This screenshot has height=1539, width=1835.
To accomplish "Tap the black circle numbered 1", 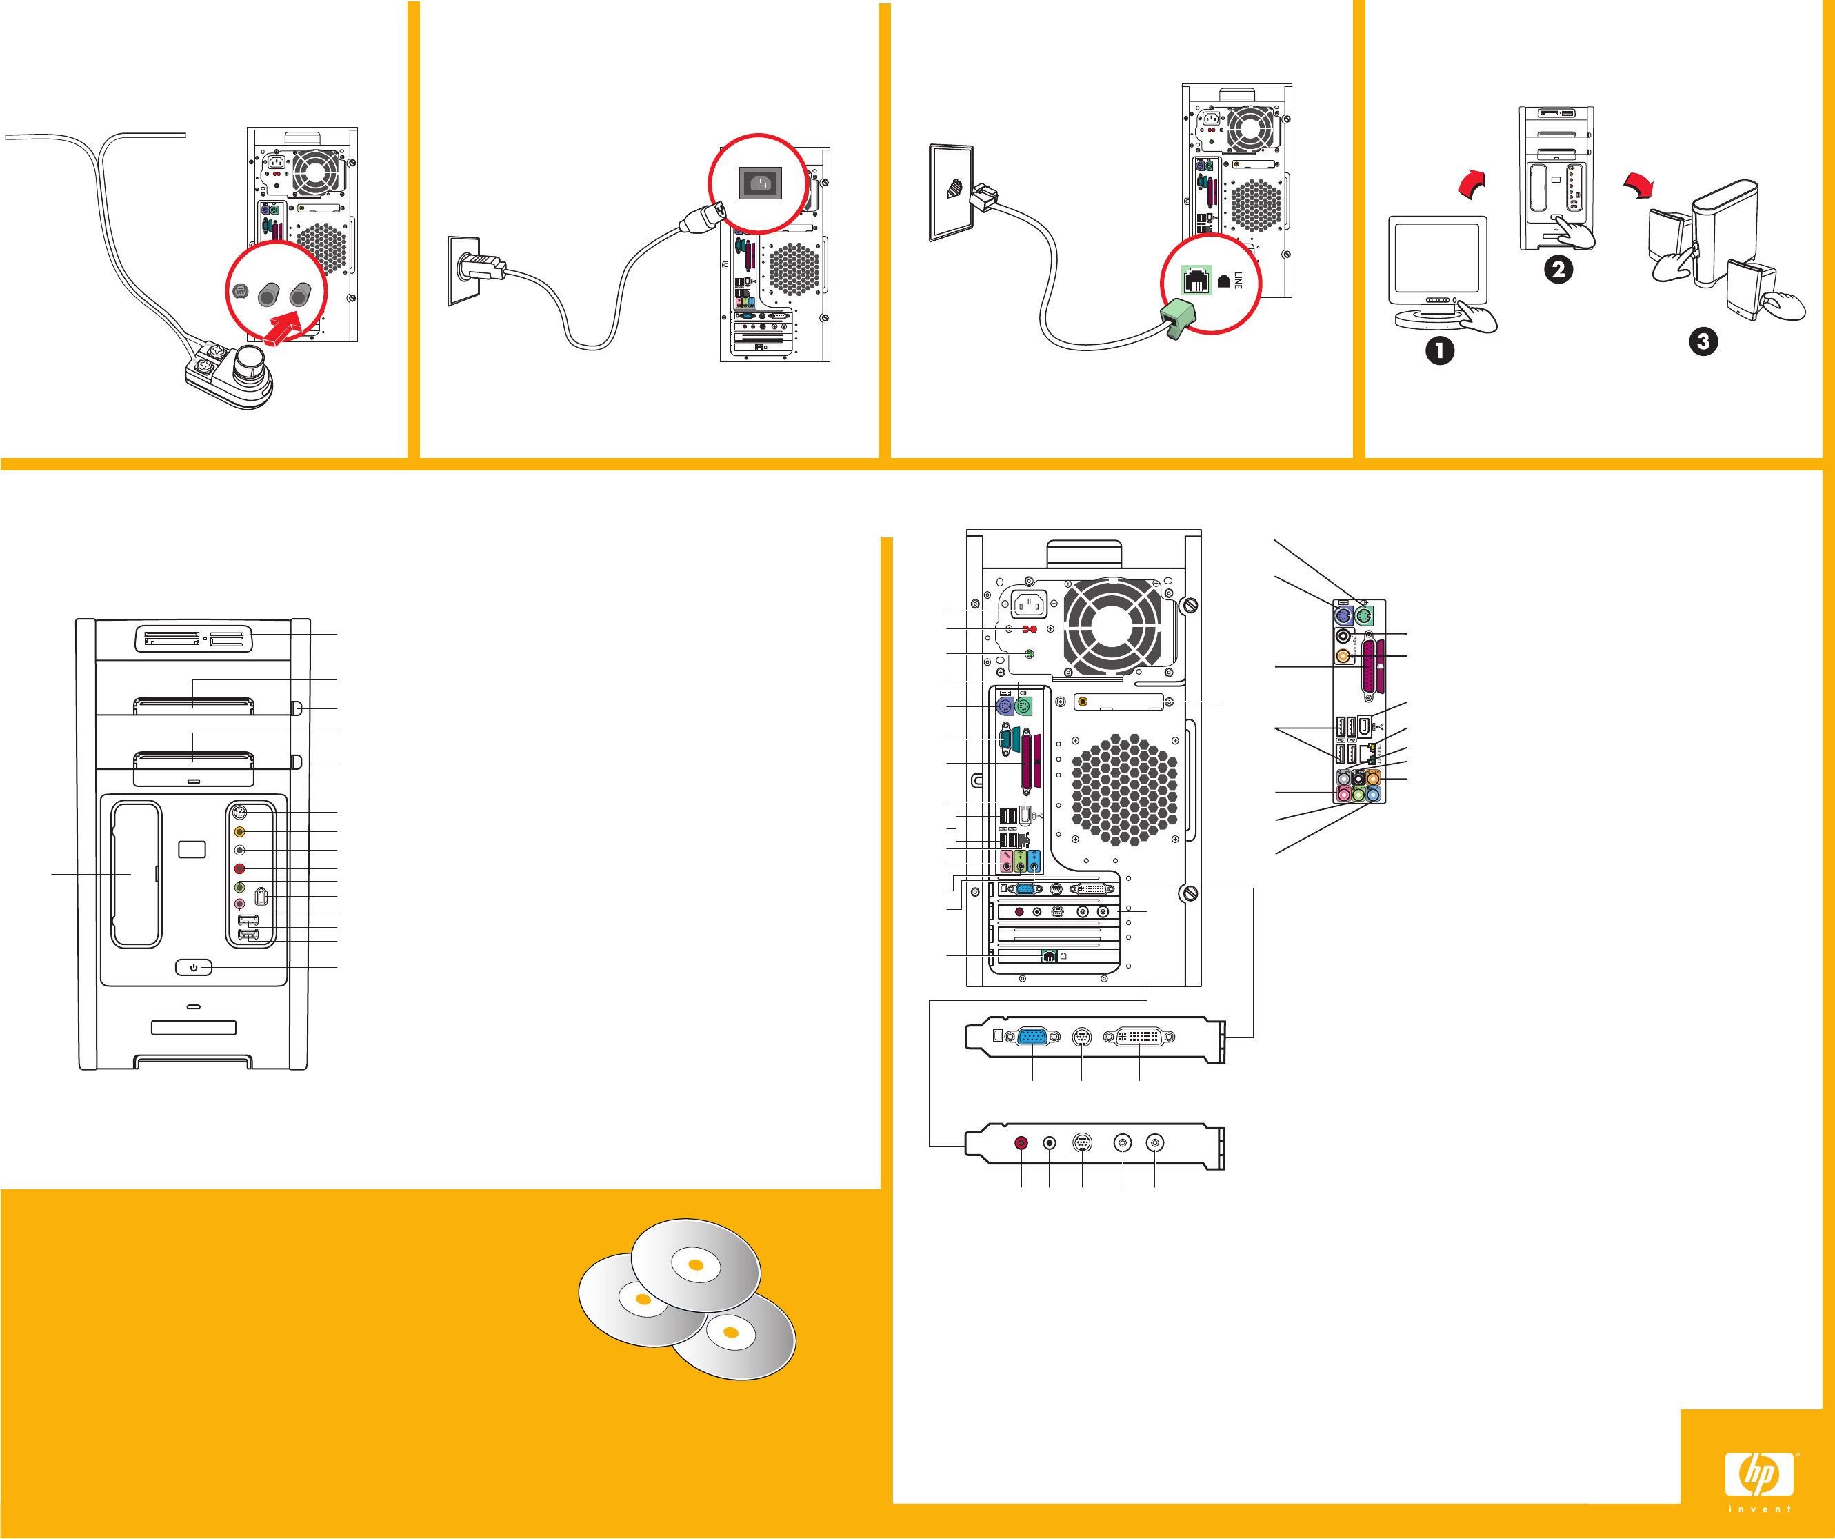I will tap(1439, 350).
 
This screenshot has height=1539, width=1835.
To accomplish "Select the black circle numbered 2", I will tap(1557, 268).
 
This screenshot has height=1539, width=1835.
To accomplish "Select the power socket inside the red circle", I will tap(759, 183).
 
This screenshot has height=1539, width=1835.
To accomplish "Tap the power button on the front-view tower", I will tap(193, 967).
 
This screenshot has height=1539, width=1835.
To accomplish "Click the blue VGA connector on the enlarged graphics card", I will tap(1033, 1037).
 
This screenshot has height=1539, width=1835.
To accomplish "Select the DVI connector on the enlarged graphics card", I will tap(1139, 1037).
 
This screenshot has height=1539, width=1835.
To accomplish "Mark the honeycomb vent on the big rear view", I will tap(1124, 790).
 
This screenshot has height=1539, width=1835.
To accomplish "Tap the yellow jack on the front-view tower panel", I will tap(239, 832).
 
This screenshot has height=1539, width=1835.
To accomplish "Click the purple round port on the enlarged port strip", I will tap(1344, 616).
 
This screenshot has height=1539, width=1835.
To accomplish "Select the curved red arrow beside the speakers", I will tap(1638, 184).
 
